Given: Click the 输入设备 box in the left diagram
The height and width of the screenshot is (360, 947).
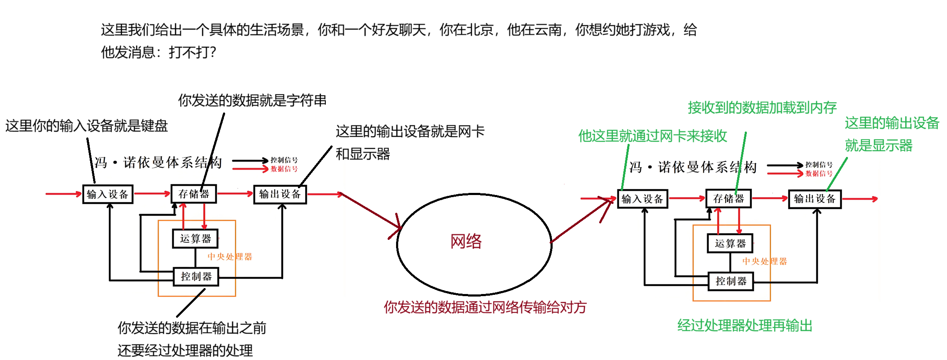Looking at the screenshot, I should pos(107,194).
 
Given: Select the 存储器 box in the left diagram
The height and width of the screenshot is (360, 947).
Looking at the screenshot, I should pos(194,194).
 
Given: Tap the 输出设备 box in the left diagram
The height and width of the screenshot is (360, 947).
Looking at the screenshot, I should pos(280,194).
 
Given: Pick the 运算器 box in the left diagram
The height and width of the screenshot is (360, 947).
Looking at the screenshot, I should pos(195,239).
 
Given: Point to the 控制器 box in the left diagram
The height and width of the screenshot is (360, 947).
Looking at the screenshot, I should pos(196,277).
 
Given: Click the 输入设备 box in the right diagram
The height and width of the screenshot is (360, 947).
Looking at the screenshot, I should pos(642,199).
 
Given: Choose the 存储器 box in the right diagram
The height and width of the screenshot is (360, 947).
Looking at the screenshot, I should pos(729,199).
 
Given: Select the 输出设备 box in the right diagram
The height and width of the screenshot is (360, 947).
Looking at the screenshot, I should pos(815,199).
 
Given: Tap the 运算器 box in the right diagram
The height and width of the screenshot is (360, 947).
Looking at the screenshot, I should pos(730,243).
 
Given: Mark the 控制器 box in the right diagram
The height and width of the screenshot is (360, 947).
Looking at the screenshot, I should pos(731,281).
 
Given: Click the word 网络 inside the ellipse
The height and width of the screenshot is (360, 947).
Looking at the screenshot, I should pos(466,242).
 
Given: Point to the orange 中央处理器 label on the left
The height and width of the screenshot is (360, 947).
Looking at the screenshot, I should pos(230,257).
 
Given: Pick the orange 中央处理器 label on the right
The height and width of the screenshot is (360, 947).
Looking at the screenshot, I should pos(765,261).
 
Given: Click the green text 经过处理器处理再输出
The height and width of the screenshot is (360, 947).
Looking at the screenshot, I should pos(745,326).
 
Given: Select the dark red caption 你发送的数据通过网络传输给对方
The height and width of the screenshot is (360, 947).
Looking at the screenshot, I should pos(485,307).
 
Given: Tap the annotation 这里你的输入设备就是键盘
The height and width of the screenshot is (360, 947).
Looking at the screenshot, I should pos(86,126).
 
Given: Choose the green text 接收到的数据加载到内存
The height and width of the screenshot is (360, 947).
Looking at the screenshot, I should pos(762,107).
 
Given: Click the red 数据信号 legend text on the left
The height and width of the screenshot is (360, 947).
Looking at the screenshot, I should pos(284,169).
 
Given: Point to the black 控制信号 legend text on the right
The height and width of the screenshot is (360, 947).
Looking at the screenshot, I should pos(819,165).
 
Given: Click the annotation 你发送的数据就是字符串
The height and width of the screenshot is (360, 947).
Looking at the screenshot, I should pos(252,100).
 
